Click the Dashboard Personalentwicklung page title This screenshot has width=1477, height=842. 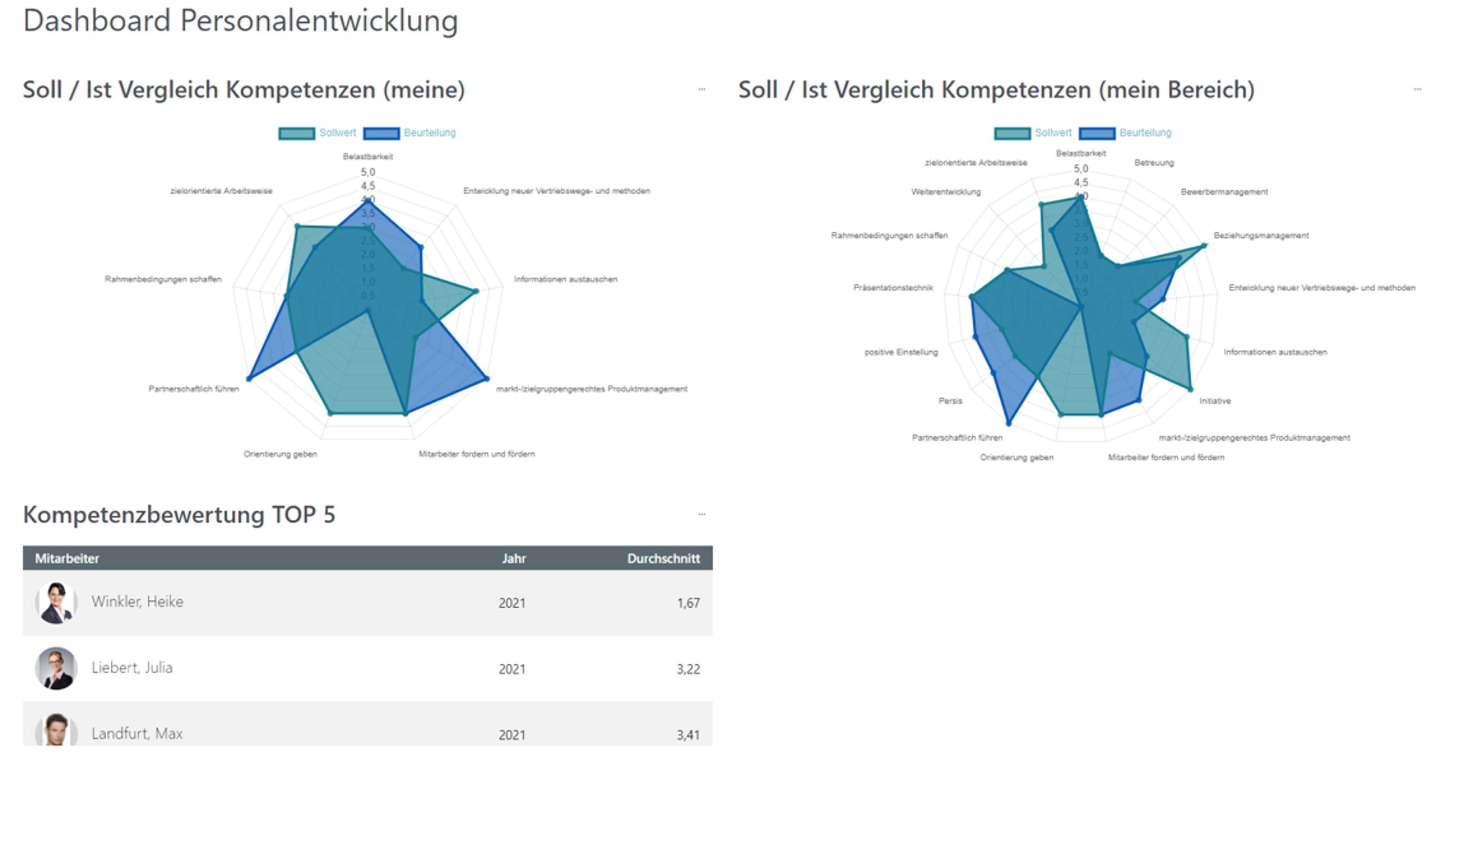240,21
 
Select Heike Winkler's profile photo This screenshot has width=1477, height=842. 56,603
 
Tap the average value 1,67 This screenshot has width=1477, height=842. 688,603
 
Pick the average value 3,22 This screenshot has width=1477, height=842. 688,669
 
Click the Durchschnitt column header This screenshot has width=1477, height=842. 663,559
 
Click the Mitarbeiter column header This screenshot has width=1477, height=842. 67,559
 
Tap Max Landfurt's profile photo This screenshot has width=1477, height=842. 56,730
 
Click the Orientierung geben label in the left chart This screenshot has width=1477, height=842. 280,454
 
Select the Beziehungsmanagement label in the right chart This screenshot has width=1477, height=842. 1261,235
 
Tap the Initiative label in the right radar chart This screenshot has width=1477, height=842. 1215,401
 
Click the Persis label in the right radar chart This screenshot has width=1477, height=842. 950,401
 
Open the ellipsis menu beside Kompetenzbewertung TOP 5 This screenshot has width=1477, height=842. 702,514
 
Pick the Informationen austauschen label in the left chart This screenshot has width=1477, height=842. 565,279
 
